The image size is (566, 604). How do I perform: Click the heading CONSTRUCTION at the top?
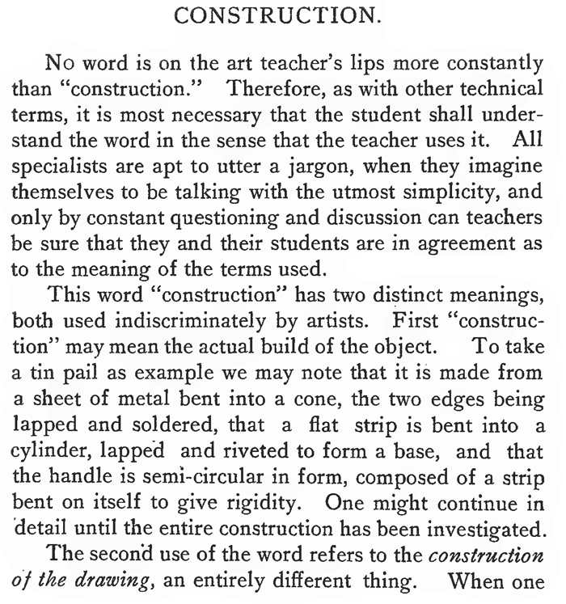(281, 15)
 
